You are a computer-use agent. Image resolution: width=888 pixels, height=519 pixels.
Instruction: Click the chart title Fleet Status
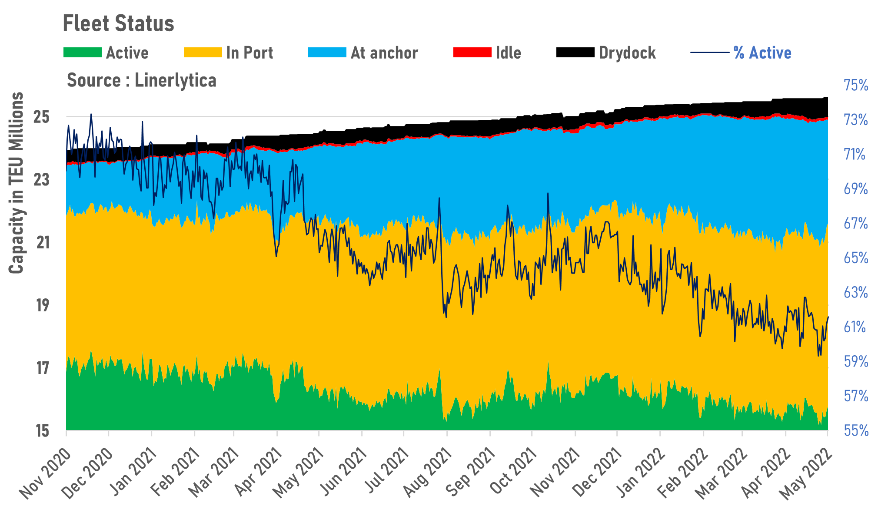pyautogui.click(x=118, y=23)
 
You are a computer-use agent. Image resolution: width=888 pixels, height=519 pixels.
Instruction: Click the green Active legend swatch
pyautogui.click(x=82, y=53)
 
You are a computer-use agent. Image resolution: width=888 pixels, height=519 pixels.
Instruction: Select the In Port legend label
pyautogui.click(x=249, y=53)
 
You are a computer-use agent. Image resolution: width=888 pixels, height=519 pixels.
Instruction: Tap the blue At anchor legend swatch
pyautogui.click(x=327, y=53)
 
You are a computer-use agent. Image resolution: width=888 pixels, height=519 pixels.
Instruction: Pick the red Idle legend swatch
pyautogui.click(x=472, y=53)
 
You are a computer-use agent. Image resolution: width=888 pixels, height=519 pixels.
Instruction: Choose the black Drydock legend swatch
pyautogui.click(x=575, y=53)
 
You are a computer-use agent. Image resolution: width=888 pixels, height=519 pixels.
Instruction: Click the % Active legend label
pyautogui.click(x=762, y=53)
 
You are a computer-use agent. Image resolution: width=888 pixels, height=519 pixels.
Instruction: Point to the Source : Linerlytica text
pyautogui.click(x=141, y=80)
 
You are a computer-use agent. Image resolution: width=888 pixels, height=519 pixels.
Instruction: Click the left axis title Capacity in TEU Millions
pyautogui.click(x=17, y=183)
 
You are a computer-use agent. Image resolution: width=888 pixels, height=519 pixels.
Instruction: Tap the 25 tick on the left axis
pyautogui.click(x=42, y=117)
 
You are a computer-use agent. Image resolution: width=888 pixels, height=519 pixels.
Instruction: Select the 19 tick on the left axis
pyautogui.click(x=42, y=305)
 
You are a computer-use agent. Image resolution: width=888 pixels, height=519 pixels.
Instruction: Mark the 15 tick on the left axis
pyautogui.click(x=42, y=431)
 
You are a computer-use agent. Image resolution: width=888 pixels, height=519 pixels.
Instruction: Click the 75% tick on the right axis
pyautogui.click(x=855, y=85)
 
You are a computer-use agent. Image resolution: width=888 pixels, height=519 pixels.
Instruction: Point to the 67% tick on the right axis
pyautogui.click(x=855, y=224)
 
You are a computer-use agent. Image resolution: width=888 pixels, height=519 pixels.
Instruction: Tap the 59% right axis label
pyautogui.click(x=855, y=361)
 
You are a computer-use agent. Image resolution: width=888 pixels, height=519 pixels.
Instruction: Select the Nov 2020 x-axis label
pyautogui.click(x=45, y=473)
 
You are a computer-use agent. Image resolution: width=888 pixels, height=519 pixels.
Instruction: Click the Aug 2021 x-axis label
pyautogui.click(x=427, y=473)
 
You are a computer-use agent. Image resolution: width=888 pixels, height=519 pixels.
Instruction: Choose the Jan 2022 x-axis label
pyautogui.click(x=641, y=473)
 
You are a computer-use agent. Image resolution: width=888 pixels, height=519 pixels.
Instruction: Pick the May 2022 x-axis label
pyautogui.click(x=806, y=473)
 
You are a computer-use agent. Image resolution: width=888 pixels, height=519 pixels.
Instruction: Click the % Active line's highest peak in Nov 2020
pyautogui.click(x=91, y=114)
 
